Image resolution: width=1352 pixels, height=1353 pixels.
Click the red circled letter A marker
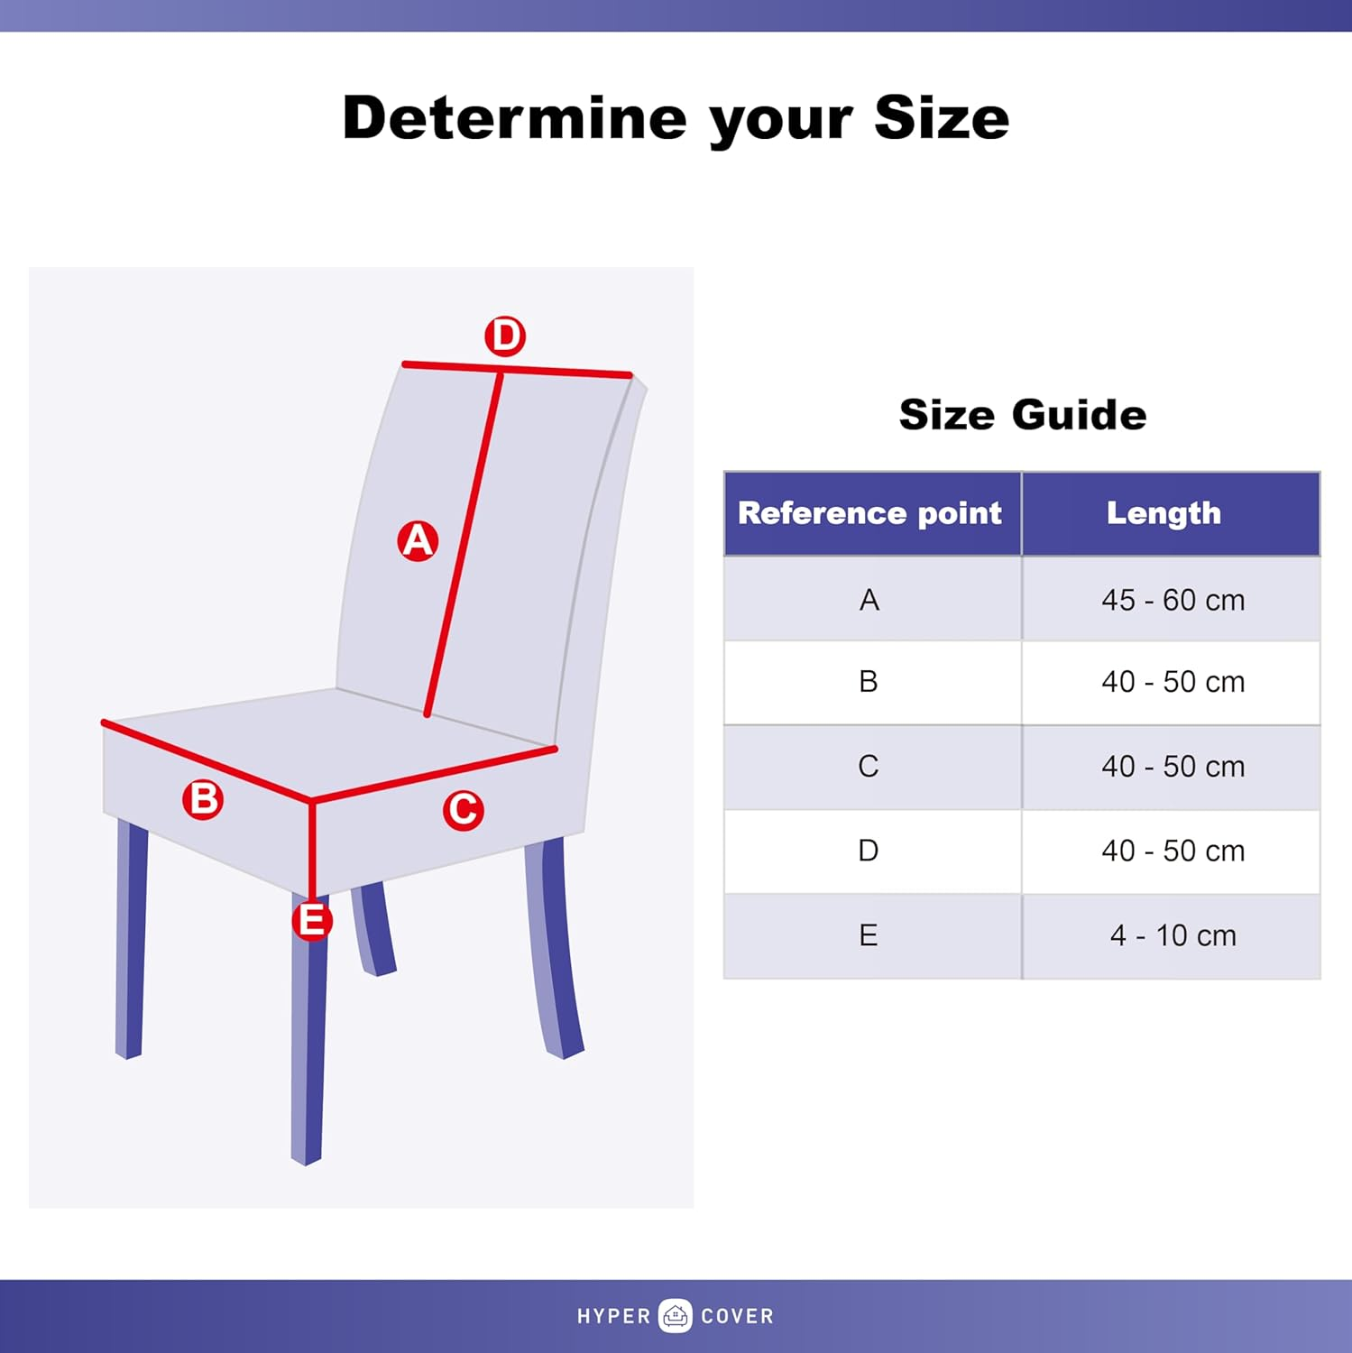(418, 540)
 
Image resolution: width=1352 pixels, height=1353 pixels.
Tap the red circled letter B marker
(203, 799)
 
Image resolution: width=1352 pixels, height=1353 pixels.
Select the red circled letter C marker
(464, 810)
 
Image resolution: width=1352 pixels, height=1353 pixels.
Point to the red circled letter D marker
(505, 336)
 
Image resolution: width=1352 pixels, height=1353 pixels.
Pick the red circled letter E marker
(312, 921)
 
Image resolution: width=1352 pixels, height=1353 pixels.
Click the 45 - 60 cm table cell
(1172, 600)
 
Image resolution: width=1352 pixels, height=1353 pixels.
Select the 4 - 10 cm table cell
(1172, 935)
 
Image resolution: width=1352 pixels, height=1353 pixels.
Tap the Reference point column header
(870, 513)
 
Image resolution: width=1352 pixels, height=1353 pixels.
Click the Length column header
(1163, 513)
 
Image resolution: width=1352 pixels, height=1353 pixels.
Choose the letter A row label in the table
(869, 600)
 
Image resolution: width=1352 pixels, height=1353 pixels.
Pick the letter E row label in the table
(869, 935)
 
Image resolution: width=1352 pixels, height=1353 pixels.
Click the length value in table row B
(1172, 682)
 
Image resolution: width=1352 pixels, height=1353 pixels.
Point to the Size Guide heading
(1022, 415)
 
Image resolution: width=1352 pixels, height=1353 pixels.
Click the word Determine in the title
(514, 118)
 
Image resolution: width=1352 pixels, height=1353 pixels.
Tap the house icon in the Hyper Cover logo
(676, 1316)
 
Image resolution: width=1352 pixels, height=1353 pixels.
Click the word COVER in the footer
(737, 1317)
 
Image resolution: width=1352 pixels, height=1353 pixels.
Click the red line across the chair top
(559, 371)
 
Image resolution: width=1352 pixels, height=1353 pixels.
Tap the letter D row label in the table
(869, 851)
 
